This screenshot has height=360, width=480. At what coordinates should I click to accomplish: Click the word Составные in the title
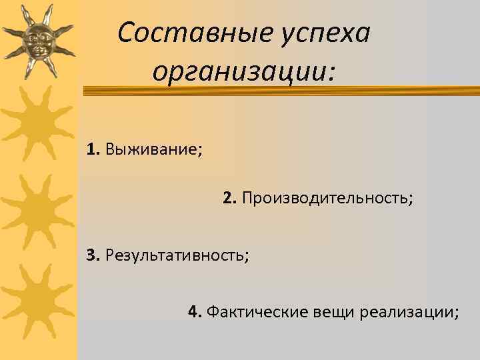[x=183, y=33]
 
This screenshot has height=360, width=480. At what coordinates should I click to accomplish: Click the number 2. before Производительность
[x=230, y=198]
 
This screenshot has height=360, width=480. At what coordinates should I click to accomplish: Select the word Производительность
[x=325, y=199]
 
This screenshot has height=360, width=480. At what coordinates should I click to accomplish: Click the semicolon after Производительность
[x=411, y=200]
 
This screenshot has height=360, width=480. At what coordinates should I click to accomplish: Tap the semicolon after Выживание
[x=201, y=149]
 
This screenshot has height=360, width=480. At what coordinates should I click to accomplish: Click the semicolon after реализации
[x=457, y=313]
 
